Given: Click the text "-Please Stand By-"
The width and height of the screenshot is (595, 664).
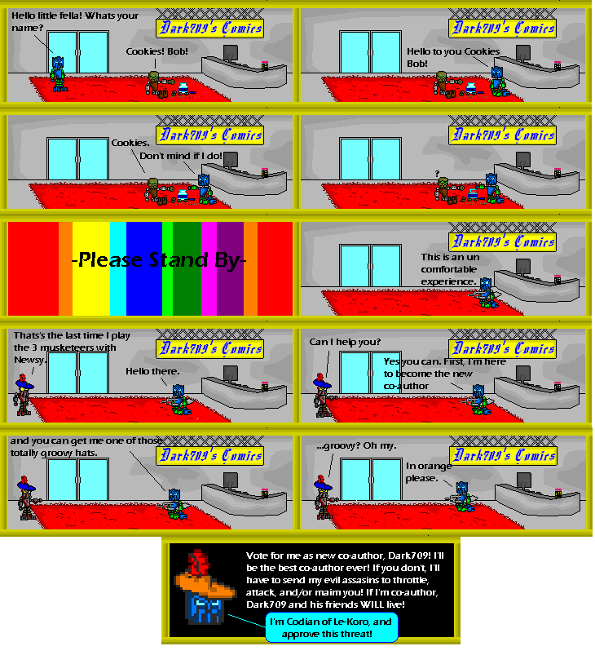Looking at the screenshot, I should [159, 261].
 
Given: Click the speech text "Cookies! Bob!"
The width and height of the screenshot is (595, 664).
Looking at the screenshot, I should [157, 51].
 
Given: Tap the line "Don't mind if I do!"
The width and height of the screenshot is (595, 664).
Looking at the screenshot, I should [180, 155].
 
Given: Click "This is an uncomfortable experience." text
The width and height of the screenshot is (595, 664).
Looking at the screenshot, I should [447, 269].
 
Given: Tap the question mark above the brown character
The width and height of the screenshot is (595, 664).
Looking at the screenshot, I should [438, 172].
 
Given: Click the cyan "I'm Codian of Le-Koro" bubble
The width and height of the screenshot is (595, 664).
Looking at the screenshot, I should [331, 627].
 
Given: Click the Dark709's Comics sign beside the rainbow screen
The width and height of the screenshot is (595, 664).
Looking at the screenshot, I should [502, 241].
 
